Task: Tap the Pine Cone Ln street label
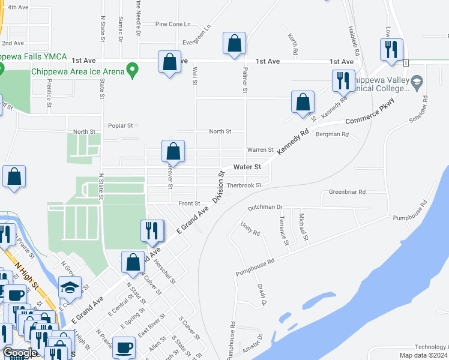172,25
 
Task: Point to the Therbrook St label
244,185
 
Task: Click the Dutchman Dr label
265,207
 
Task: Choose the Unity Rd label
250,229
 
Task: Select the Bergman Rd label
332,134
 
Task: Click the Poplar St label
120,125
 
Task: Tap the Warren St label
261,149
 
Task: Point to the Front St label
188,203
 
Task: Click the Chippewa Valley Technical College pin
415,82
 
